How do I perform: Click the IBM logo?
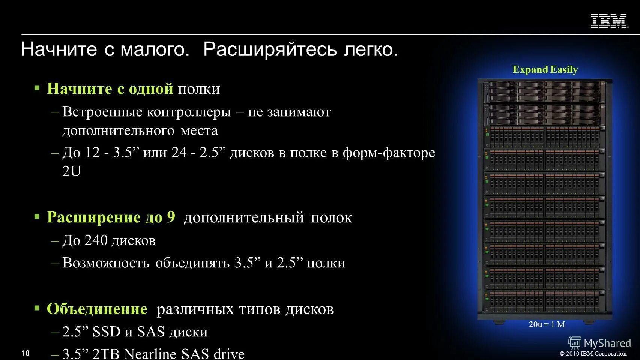[609, 21]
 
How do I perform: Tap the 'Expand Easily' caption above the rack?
[545, 69]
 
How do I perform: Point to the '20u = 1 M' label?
[547, 324]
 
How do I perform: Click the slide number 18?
[26, 353]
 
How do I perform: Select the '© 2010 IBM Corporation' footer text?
[593, 353]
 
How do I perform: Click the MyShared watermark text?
[607, 343]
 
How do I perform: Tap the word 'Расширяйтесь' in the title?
[270, 49]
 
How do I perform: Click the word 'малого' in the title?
[155, 49]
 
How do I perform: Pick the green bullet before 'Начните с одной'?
[37, 88]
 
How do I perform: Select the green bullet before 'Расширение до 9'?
[37, 217]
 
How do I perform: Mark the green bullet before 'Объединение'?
[37, 308]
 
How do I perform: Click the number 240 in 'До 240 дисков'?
[96, 240]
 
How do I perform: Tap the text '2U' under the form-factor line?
[71, 171]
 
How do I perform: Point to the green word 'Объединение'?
[97, 309]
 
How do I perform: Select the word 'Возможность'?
[106, 263]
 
